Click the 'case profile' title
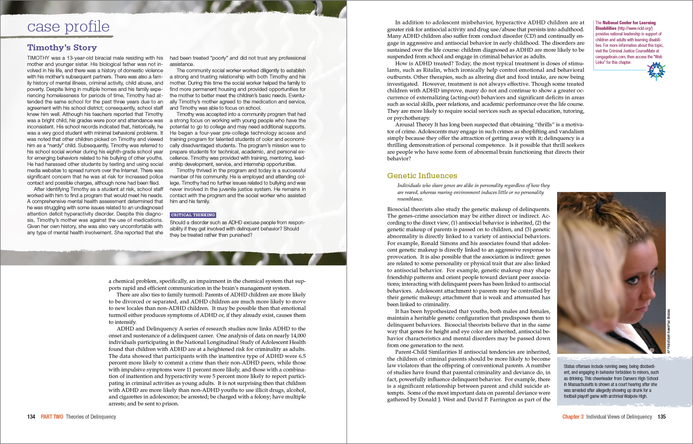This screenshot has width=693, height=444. (x=68, y=27)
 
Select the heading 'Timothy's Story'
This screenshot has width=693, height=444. (x=62, y=48)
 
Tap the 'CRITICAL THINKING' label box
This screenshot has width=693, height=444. (x=193, y=215)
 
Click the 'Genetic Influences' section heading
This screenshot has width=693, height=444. (x=422, y=176)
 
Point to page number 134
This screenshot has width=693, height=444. (x=31, y=417)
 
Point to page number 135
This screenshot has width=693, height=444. (x=661, y=417)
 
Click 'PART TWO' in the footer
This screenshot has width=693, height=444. (x=52, y=417)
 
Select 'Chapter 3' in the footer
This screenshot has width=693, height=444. (x=573, y=417)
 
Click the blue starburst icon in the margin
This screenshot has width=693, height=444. (x=656, y=71)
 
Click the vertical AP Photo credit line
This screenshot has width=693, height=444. (x=669, y=331)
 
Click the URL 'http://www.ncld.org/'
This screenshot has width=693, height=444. (x=635, y=28)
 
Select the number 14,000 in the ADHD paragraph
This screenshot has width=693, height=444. (x=298, y=336)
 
